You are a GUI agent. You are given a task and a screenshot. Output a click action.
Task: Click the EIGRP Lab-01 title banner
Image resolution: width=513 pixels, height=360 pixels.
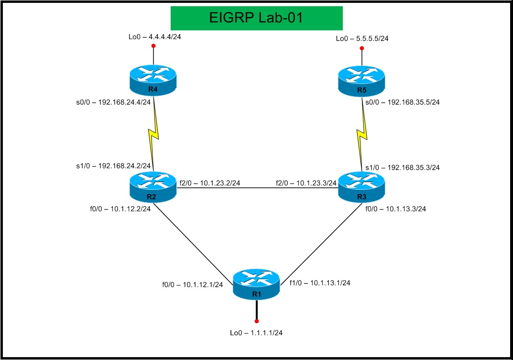coord(257,18)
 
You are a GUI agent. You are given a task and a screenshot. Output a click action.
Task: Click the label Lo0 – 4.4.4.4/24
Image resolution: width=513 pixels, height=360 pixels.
coord(154,36)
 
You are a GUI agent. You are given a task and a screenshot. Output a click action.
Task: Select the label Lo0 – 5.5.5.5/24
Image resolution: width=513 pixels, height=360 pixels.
coord(362,39)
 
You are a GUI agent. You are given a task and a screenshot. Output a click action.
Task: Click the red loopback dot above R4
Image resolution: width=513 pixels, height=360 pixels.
coord(153,46)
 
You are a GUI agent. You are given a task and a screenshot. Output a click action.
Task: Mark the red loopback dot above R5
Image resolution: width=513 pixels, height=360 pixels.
coord(362,48)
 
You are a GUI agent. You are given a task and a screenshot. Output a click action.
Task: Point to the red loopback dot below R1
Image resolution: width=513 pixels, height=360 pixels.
coord(257,321)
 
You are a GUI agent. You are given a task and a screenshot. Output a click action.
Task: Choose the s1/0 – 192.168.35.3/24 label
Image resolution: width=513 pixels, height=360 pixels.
coord(403,167)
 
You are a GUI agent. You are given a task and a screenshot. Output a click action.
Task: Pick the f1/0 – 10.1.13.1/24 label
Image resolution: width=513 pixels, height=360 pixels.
coord(320,283)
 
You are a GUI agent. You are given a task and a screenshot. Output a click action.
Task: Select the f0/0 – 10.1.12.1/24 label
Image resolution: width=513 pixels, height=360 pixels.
coord(193,284)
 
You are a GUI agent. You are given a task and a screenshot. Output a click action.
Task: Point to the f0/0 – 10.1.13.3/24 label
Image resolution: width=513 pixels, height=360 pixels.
coord(395,208)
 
